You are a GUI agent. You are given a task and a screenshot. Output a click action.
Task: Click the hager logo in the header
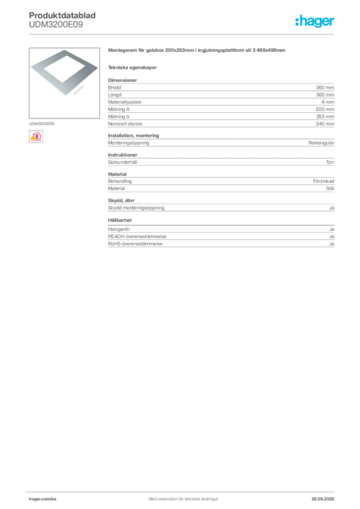(x=314, y=21)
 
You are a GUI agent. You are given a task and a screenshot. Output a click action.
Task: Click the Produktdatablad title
(x=62, y=15)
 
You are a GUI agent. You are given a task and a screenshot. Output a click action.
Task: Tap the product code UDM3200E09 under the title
(x=56, y=25)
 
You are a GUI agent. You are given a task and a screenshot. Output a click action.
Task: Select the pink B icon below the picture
(x=36, y=137)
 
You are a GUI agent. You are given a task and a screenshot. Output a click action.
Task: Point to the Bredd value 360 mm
(x=325, y=87)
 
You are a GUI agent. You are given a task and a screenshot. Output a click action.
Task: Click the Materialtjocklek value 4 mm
(x=328, y=102)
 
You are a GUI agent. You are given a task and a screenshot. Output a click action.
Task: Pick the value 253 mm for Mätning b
(x=325, y=116)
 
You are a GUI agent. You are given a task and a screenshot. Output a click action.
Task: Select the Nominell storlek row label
(x=125, y=124)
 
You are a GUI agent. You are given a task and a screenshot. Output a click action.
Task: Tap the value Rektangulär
(x=321, y=143)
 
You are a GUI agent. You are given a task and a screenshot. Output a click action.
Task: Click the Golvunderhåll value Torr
(x=330, y=162)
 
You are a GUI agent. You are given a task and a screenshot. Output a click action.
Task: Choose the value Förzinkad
(x=324, y=181)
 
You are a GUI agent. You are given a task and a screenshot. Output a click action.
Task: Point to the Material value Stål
(x=330, y=188)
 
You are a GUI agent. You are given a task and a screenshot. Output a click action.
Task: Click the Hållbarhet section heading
(x=120, y=220)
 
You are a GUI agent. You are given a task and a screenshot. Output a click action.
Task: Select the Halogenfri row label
(x=119, y=229)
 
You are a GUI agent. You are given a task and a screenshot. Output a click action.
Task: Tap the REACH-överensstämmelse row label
(x=137, y=236)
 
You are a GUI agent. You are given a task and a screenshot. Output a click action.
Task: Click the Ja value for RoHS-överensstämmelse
(x=332, y=244)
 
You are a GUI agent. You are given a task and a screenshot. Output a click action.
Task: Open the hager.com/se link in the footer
(x=43, y=499)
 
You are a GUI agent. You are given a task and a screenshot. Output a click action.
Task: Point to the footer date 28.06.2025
(x=323, y=499)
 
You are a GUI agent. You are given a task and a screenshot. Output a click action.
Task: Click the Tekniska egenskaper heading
(x=132, y=68)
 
